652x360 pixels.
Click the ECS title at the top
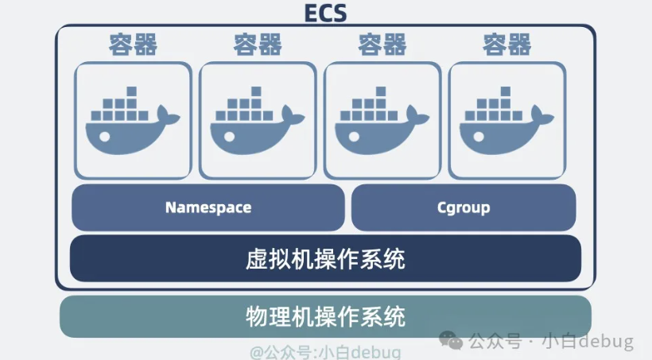tap(325, 13)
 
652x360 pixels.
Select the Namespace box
tap(208, 207)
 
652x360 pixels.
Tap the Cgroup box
tap(463, 207)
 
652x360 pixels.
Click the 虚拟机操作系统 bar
tap(325, 258)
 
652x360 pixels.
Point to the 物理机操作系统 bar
tap(325, 316)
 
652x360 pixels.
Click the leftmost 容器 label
tap(133, 44)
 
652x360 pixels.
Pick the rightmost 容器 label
tap(507, 44)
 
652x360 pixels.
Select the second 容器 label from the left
tap(258, 44)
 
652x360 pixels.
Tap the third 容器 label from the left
tap(382, 44)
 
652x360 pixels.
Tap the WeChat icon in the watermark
tap(454, 342)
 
